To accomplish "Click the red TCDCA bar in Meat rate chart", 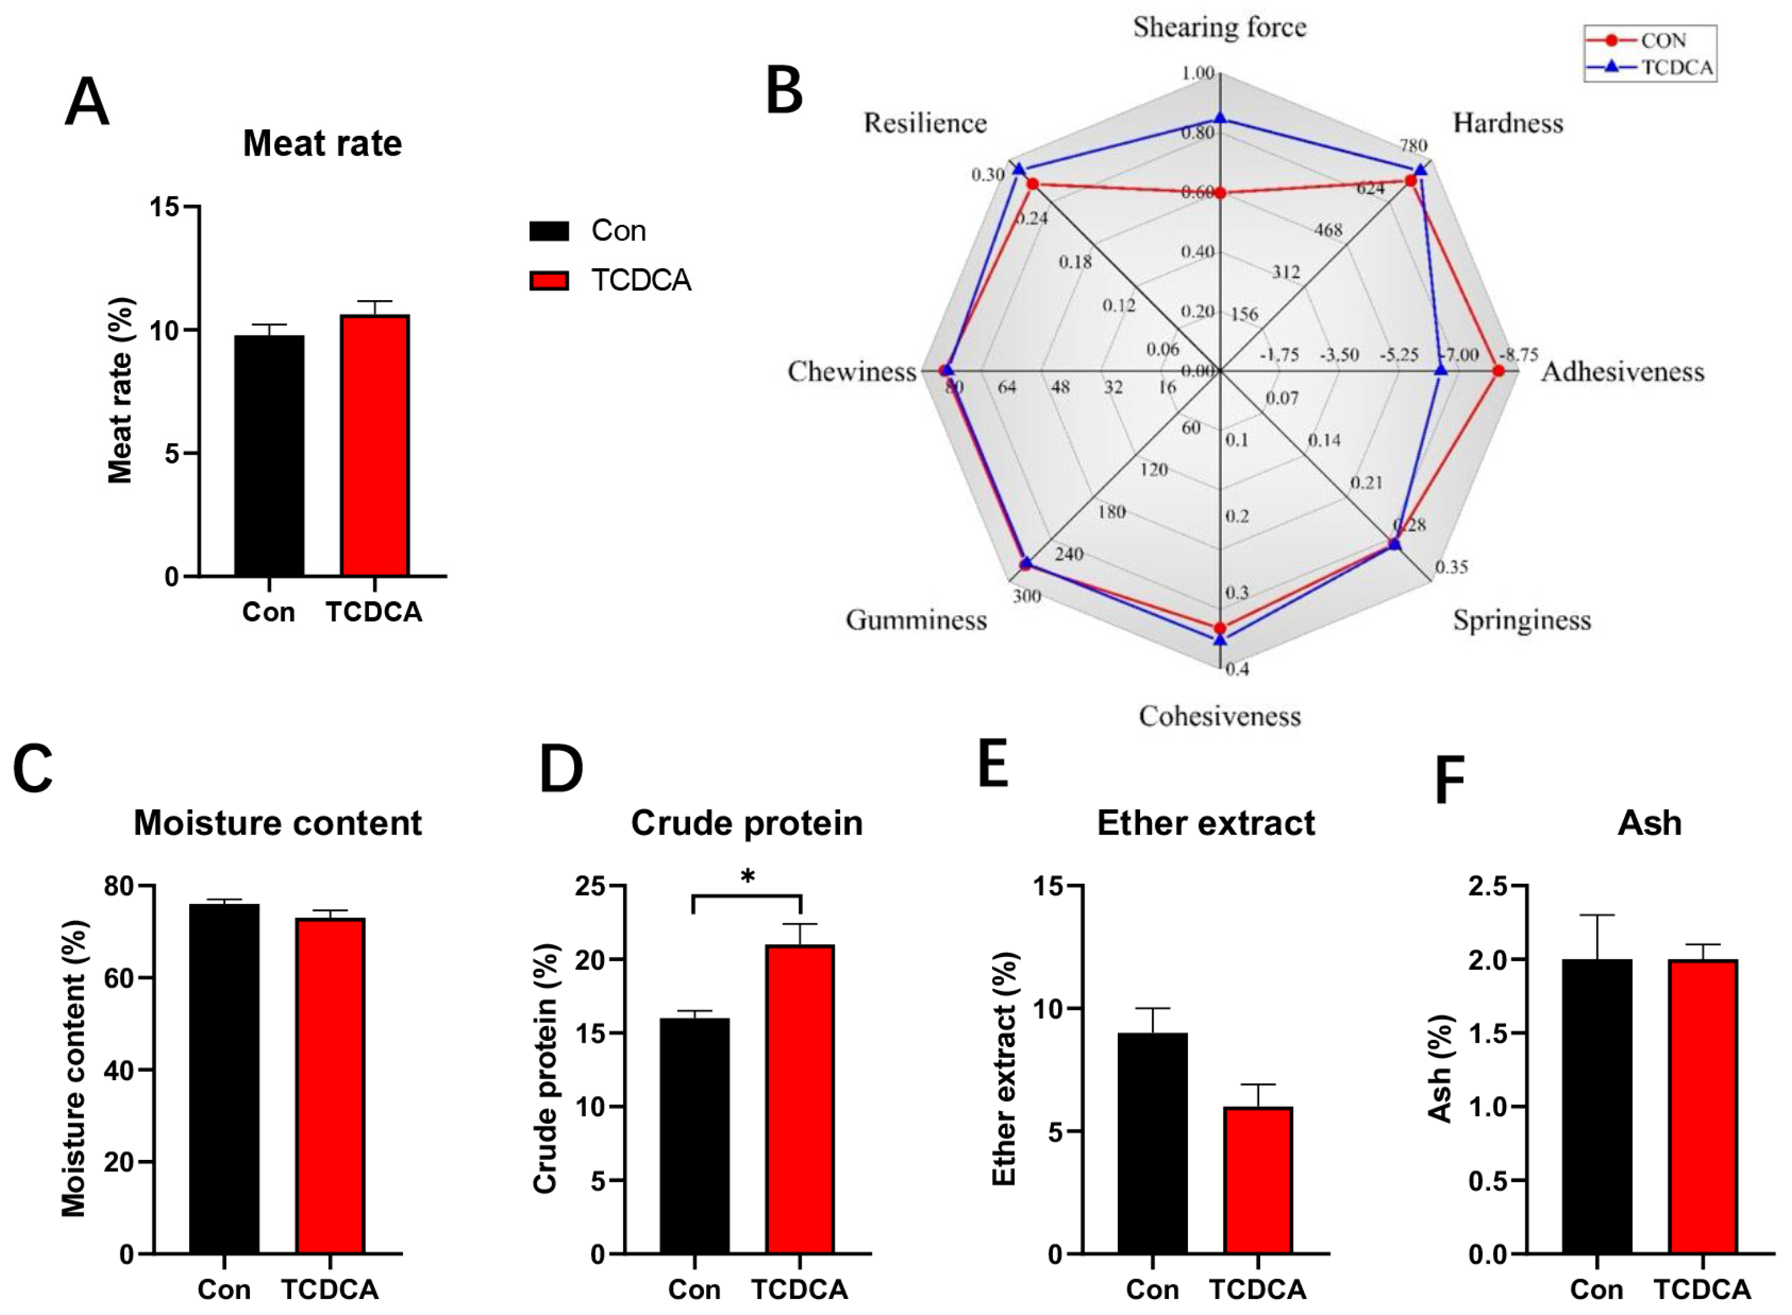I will pos(375,446).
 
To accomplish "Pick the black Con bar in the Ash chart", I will pos(1597,1106).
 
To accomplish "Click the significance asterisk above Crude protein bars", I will pos(747,878).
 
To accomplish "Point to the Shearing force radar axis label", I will pos(1219,28).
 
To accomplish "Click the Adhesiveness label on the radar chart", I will pos(1622,372).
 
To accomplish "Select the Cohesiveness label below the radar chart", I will pos(1219,716).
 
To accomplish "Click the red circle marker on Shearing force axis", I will pos(1221,193).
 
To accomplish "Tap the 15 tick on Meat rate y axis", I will pos(164,207).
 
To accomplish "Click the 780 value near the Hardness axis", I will pos(1413,146).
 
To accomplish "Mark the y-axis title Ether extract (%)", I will pos(1005,1069).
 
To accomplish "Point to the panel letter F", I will pos(1448,782).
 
